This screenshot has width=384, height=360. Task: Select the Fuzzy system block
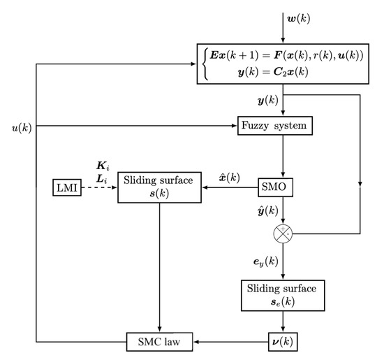click(x=273, y=127)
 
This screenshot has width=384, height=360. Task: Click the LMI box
click(x=66, y=187)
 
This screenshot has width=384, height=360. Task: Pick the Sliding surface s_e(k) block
click(x=283, y=296)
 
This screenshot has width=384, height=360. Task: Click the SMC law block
click(x=161, y=342)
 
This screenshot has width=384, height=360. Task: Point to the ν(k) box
click(x=283, y=342)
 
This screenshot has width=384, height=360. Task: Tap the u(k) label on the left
click(x=20, y=127)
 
